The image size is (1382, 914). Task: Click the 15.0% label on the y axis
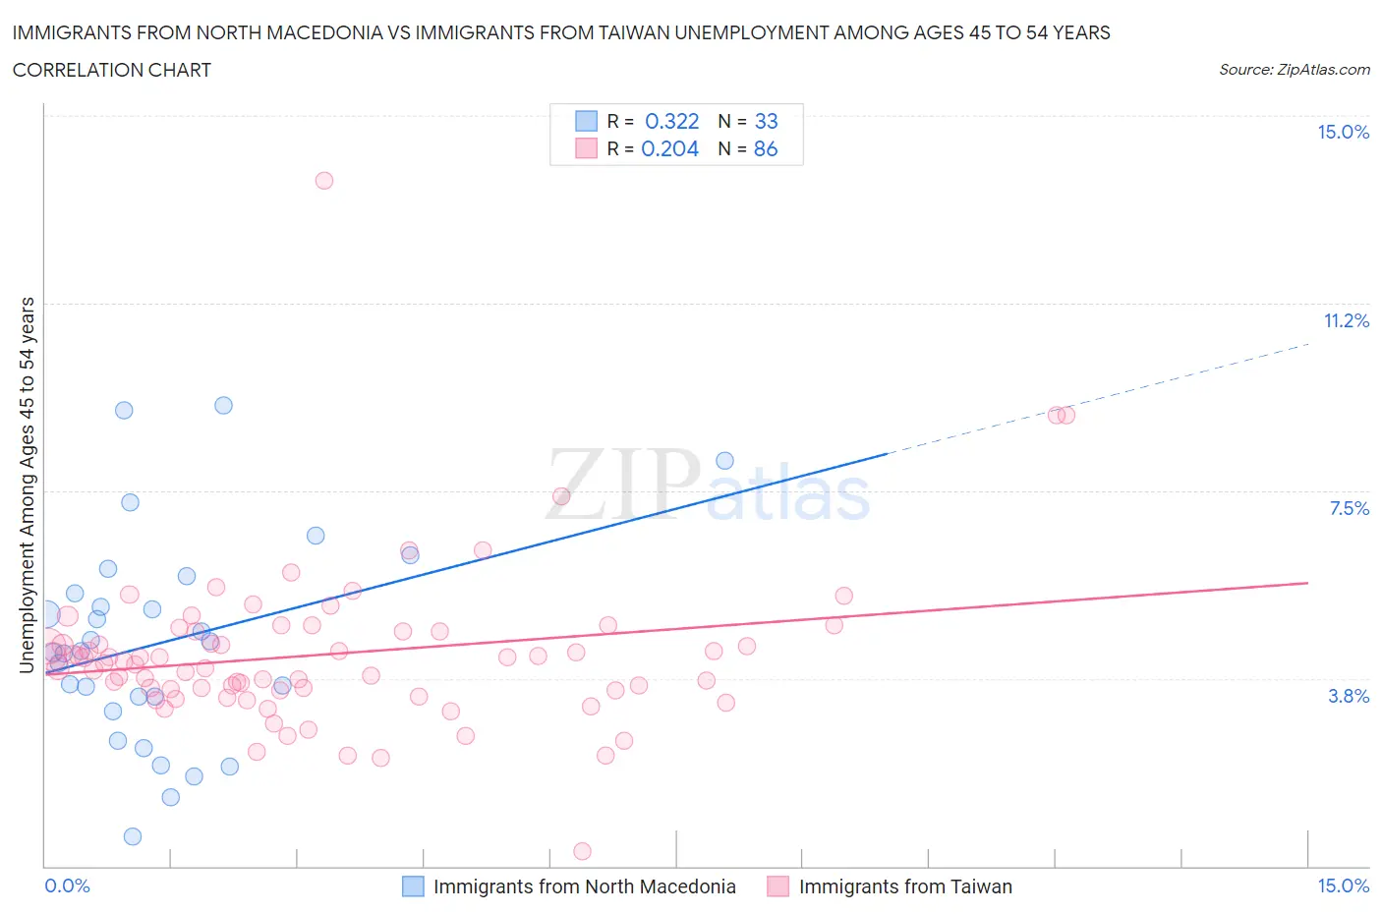[x=1343, y=133]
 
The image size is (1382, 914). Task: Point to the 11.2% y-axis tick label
[x=1346, y=321]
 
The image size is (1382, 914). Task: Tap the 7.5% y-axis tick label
[x=1349, y=509]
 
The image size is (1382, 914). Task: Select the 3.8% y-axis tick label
[x=1349, y=697]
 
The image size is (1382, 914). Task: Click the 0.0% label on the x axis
[x=67, y=886]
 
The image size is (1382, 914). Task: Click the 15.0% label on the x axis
[x=1343, y=886]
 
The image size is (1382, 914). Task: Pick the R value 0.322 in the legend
[x=671, y=122]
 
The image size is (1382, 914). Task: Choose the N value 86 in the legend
[x=766, y=149]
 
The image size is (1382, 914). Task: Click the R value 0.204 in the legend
[x=669, y=149]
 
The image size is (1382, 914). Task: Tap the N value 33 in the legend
[x=766, y=122]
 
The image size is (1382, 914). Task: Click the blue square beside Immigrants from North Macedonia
[x=414, y=886]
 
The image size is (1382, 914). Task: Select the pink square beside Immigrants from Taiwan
[x=778, y=886]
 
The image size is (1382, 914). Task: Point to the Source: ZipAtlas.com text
[x=1294, y=70]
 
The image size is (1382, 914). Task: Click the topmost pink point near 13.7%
[x=324, y=181]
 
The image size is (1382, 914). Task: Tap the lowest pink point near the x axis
[x=582, y=851]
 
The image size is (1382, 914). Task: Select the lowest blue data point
[x=133, y=836]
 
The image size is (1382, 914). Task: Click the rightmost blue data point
[x=725, y=461]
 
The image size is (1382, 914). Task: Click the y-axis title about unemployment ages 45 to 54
[x=28, y=486]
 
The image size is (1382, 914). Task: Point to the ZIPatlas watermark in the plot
[x=708, y=486]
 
